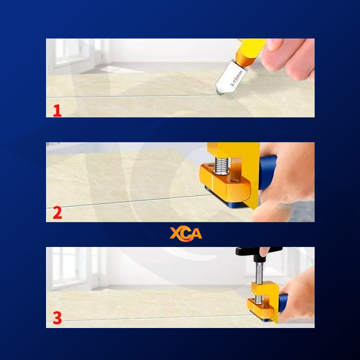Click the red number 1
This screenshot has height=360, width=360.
coord(57,111)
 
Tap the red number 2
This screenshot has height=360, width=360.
coord(57,213)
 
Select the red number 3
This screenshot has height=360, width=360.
coord(57,318)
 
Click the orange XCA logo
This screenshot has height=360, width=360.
coord(186,234)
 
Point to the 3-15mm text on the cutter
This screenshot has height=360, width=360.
coord(237,78)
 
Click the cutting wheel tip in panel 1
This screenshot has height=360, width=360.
coord(220,93)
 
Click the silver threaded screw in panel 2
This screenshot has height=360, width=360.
coord(221,166)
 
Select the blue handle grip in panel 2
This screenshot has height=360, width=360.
coord(268,172)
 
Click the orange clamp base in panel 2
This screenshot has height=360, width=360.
coord(225,183)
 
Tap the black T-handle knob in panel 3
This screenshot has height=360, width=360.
coord(258,251)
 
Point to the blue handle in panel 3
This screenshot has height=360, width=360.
coord(283,303)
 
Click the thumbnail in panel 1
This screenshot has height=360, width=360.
coord(274,44)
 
